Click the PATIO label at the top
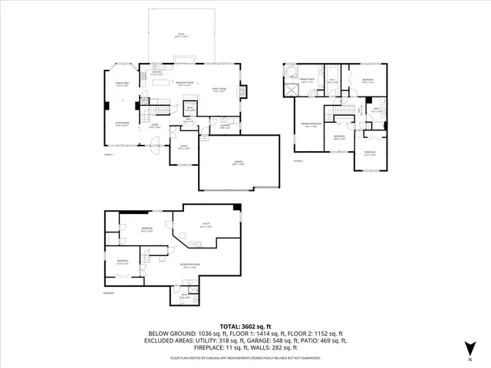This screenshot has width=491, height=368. [181, 34]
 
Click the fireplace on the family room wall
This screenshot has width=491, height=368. [245, 91]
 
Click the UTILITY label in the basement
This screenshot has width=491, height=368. [206, 226]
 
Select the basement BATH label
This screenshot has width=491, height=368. [184, 297]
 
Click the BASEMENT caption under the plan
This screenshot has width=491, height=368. [108, 293]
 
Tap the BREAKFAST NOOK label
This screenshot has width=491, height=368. [184, 84]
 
